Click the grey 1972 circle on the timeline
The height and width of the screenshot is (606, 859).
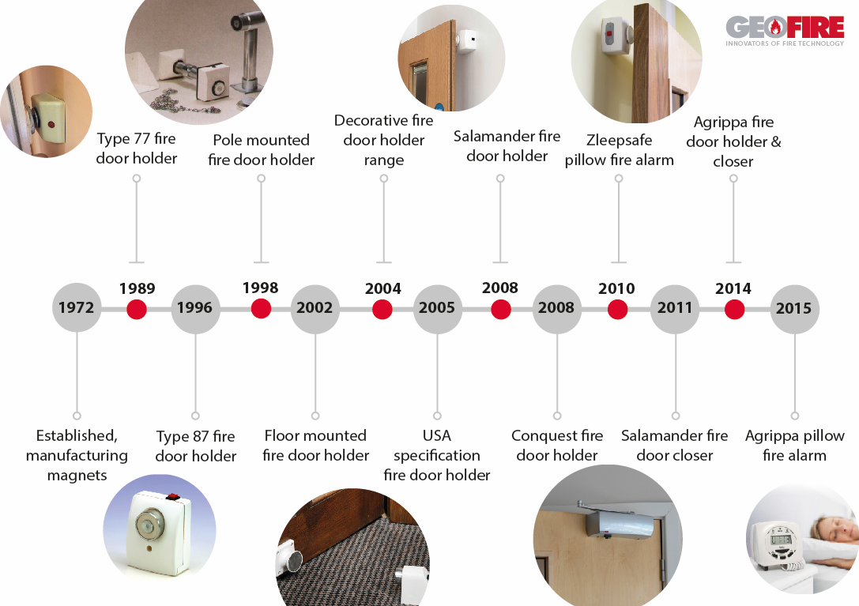[77, 308]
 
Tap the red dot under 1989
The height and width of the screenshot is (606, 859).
[137, 309]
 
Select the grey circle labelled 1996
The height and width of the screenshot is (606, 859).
[195, 308]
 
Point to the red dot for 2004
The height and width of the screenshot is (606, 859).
[382, 309]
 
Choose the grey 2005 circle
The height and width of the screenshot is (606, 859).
[437, 308]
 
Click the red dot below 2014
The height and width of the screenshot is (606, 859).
[734, 309]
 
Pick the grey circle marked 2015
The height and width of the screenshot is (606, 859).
[794, 308]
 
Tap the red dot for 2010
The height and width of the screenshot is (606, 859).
[617, 309]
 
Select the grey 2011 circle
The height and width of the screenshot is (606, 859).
[675, 308]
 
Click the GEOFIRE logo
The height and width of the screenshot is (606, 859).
[784, 28]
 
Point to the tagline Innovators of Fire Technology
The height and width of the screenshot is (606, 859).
[784, 43]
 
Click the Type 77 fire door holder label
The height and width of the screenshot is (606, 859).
[137, 149]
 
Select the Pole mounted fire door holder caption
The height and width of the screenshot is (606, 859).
[262, 150]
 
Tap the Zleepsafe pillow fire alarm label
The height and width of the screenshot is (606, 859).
[619, 150]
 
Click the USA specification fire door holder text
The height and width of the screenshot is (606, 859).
[437, 455]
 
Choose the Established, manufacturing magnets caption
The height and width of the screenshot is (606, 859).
[77, 455]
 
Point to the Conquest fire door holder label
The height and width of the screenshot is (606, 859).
[557, 446]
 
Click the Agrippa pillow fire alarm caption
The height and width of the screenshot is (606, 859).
[794, 446]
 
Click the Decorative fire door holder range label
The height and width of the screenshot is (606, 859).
[383, 140]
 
